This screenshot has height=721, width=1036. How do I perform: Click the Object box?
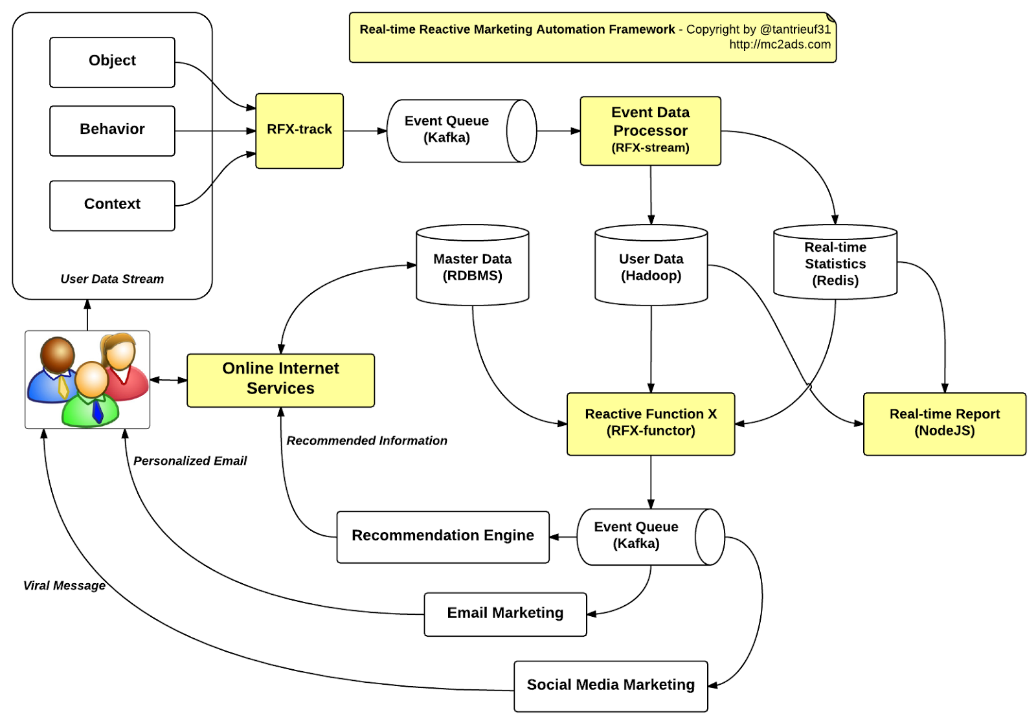point(112,62)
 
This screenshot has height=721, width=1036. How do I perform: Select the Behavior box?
point(112,131)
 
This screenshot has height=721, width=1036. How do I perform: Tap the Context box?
point(112,205)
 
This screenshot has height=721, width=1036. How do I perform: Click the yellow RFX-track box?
point(299,131)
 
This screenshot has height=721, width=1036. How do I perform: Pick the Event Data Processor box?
point(650,131)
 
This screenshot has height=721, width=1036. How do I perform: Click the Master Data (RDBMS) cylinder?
point(472,267)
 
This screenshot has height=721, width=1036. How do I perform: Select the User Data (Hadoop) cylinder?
point(651,267)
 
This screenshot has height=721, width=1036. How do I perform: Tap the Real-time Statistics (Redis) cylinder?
point(835,264)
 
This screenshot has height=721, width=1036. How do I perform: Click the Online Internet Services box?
point(280,380)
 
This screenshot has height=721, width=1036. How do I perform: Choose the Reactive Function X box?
point(651,423)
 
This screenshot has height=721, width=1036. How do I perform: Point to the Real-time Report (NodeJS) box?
point(944,423)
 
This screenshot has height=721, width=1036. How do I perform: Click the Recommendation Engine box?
point(443,537)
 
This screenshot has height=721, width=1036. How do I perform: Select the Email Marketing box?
point(505,614)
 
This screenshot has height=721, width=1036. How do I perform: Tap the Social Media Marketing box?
point(611,685)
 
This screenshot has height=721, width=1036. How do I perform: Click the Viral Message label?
point(64,586)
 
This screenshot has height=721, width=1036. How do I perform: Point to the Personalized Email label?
point(190,461)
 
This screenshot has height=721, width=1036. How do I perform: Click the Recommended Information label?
point(366,441)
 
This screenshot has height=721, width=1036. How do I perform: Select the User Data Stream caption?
point(112,279)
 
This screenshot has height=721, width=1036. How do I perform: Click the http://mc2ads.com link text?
point(780,45)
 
